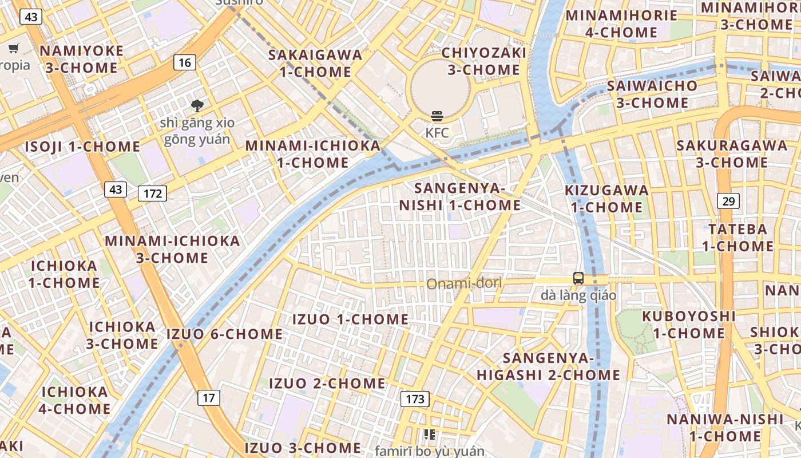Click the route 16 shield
tap(184, 62)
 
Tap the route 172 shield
tap(153, 194)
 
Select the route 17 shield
tap(209, 397)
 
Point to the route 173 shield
tap(415, 399)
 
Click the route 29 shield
tap(728, 201)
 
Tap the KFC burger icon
tap(437, 117)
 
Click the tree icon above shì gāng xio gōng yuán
tap(197, 106)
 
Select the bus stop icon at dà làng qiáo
tap(578, 279)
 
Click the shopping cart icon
tap(13, 49)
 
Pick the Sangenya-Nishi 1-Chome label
tap(459, 196)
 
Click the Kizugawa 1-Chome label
tap(607, 198)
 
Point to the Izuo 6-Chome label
tap(225, 334)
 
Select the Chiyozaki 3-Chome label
tap(484, 61)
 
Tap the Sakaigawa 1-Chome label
tap(315, 63)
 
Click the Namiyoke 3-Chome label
tap(81, 59)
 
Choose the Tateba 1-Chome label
tap(737, 238)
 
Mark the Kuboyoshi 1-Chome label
tap(689, 325)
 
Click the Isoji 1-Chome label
tap(82, 147)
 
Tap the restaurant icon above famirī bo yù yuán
tap(430, 435)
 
